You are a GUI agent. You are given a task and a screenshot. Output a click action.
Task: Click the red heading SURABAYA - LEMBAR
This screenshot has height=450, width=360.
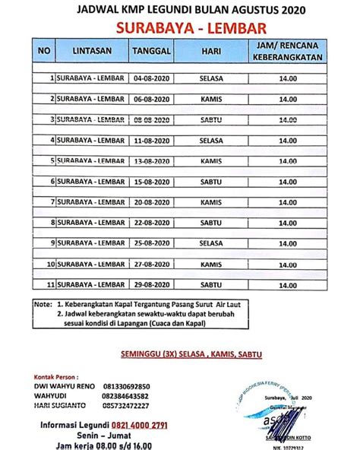[x=180, y=28]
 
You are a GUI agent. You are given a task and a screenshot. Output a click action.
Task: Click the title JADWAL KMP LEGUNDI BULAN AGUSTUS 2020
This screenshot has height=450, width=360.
[x=180, y=10]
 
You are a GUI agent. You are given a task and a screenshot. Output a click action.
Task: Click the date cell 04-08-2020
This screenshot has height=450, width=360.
[x=150, y=78]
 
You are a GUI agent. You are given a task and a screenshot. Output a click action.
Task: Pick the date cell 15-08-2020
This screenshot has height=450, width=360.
[x=150, y=182]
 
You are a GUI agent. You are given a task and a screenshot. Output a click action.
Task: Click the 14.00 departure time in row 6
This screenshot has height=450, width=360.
[x=287, y=182]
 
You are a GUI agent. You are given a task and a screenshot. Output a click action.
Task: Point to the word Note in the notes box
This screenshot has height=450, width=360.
[x=44, y=303]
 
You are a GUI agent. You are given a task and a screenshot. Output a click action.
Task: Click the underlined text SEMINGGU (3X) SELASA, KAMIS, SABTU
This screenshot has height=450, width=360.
[x=181, y=355]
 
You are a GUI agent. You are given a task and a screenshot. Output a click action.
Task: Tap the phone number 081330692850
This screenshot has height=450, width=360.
[x=123, y=386]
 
